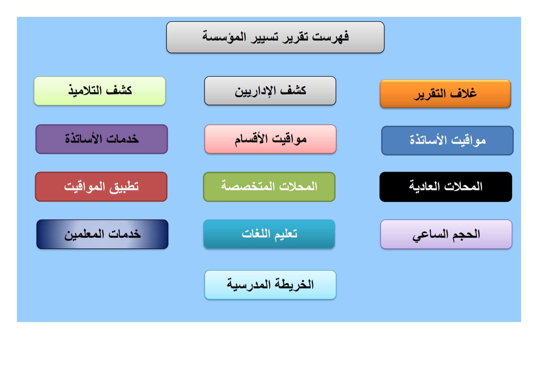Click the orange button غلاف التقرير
pyautogui.click(x=445, y=94)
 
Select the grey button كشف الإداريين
pyautogui.click(x=270, y=91)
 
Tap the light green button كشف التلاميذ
pyautogui.click(x=100, y=91)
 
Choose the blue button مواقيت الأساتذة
pyautogui.click(x=447, y=140)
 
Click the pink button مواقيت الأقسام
pyautogui.click(x=270, y=139)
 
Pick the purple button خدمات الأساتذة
pyautogui.click(x=102, y=139)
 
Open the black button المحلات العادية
pyautogui.click(x=445, y=186)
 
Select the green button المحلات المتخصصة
pyautogui.click(x=269, y=186)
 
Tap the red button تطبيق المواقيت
pyautogui.click(x=101, y=186)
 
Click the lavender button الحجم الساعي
pyautogui.click(x=446, y=234)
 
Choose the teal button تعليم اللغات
pyautogui.click(x=269, y=234)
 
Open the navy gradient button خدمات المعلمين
pyautogui.click(x=102, y=234)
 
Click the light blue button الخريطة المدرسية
pyautogui.click(x=270, y=285)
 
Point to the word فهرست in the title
pyautogui.click(x=330, y=37)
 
